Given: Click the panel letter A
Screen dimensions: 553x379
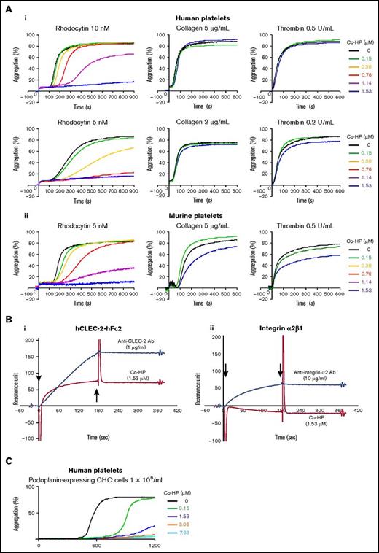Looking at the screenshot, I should [x=6, y=7].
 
